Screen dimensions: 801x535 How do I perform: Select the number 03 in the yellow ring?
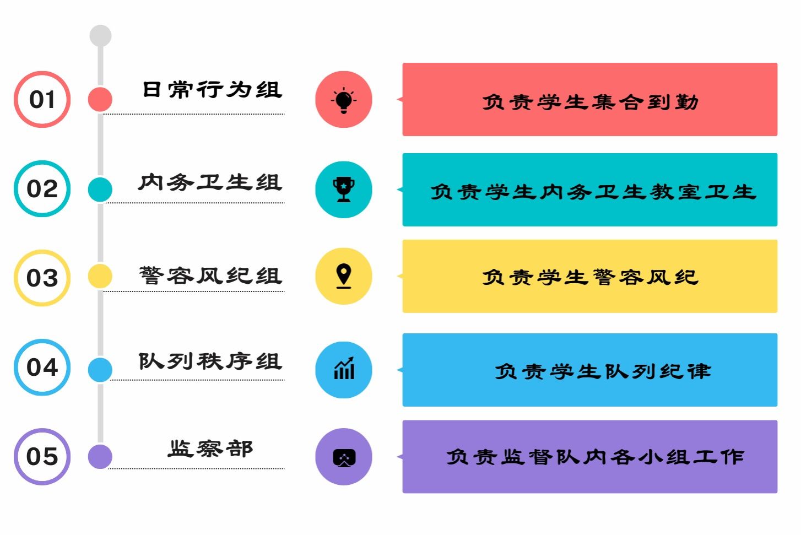coord(42,278)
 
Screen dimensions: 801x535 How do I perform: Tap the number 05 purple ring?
coord(42,429)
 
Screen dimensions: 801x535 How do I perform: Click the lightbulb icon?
coord(344,100)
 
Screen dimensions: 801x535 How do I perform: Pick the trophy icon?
coord(344,190)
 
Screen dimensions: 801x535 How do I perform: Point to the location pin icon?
coord(344,276)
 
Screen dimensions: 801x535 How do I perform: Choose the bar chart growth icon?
coord(344,368)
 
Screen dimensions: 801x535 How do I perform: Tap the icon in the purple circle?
coord(344,458)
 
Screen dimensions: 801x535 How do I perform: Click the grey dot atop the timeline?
coord(100,35)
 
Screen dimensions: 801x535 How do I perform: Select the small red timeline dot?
coord(100,99)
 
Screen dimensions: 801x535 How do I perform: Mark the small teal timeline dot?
coord(100,189)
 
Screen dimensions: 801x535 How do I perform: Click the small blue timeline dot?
coord(100,369)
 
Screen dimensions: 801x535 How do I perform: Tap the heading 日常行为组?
coord(213,89)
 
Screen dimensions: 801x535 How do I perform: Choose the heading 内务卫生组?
coord(210,182)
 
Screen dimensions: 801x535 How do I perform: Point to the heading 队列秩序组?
coord(210,361)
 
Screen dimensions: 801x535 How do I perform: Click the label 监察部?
coord(210,449)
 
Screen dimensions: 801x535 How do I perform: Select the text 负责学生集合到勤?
coord(590,102)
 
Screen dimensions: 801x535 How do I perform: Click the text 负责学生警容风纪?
coord(590,277)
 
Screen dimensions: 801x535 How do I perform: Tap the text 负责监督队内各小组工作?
coord(596,457)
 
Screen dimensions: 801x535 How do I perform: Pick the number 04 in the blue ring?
coord(42,368)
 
